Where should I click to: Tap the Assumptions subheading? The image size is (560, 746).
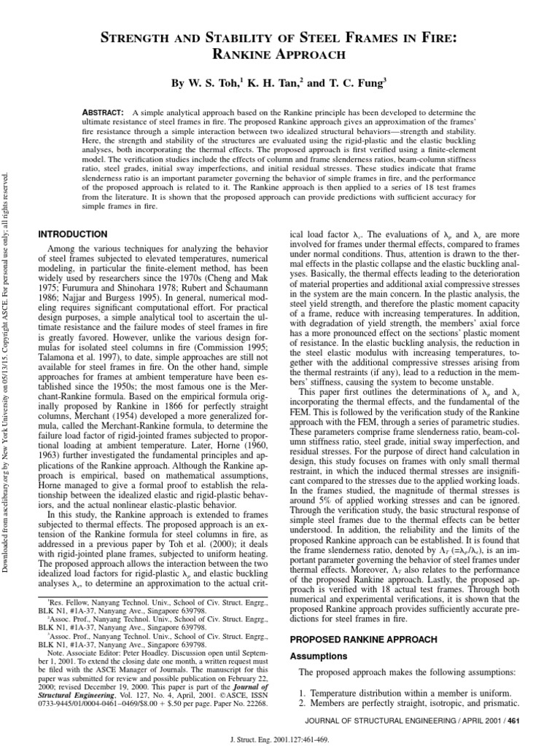[320, 656]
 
